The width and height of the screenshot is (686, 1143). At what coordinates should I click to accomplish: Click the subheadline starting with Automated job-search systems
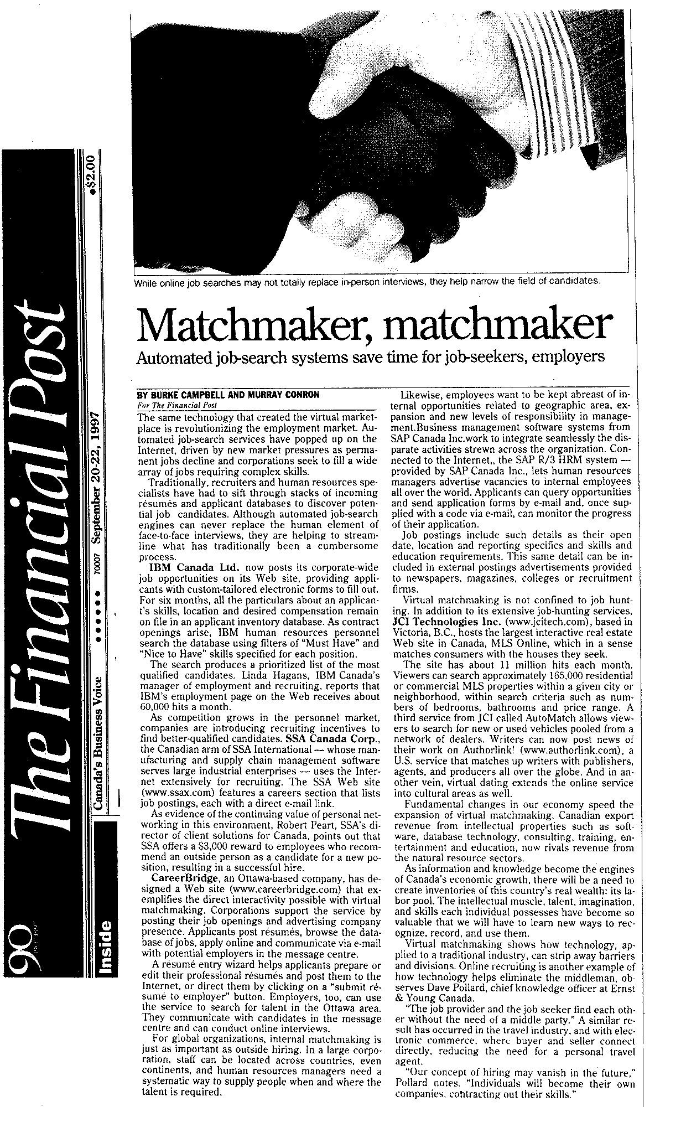tap(370, 357)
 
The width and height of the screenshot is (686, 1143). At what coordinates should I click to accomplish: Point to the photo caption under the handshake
tap(367, 282)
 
